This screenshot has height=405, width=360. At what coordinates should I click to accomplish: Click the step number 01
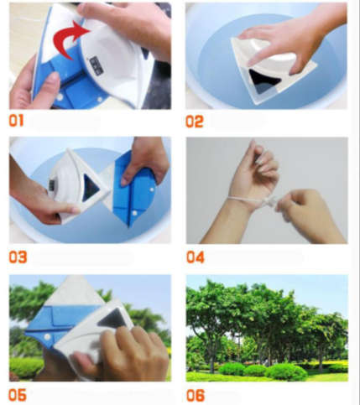coord(16,121)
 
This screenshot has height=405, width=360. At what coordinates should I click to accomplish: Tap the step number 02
coord(195,122)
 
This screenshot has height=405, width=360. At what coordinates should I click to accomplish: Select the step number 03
coord(18,257)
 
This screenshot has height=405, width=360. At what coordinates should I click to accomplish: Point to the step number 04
coord(196,257)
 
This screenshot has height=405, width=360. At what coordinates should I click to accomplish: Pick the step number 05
coord(18,395)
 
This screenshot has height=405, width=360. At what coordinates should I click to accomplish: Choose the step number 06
coord(196,395)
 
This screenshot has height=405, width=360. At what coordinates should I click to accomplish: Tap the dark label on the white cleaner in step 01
coord(96,65)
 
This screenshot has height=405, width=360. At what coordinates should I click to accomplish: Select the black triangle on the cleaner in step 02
coord(263,81)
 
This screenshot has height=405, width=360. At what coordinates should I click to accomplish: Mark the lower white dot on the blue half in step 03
coord(134,213)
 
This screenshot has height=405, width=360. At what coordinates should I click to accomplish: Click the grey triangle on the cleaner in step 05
coord(113,319)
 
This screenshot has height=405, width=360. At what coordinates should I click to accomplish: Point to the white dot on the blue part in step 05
coord(48,337)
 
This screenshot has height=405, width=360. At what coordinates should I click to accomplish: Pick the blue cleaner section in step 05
coord(60,325)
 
